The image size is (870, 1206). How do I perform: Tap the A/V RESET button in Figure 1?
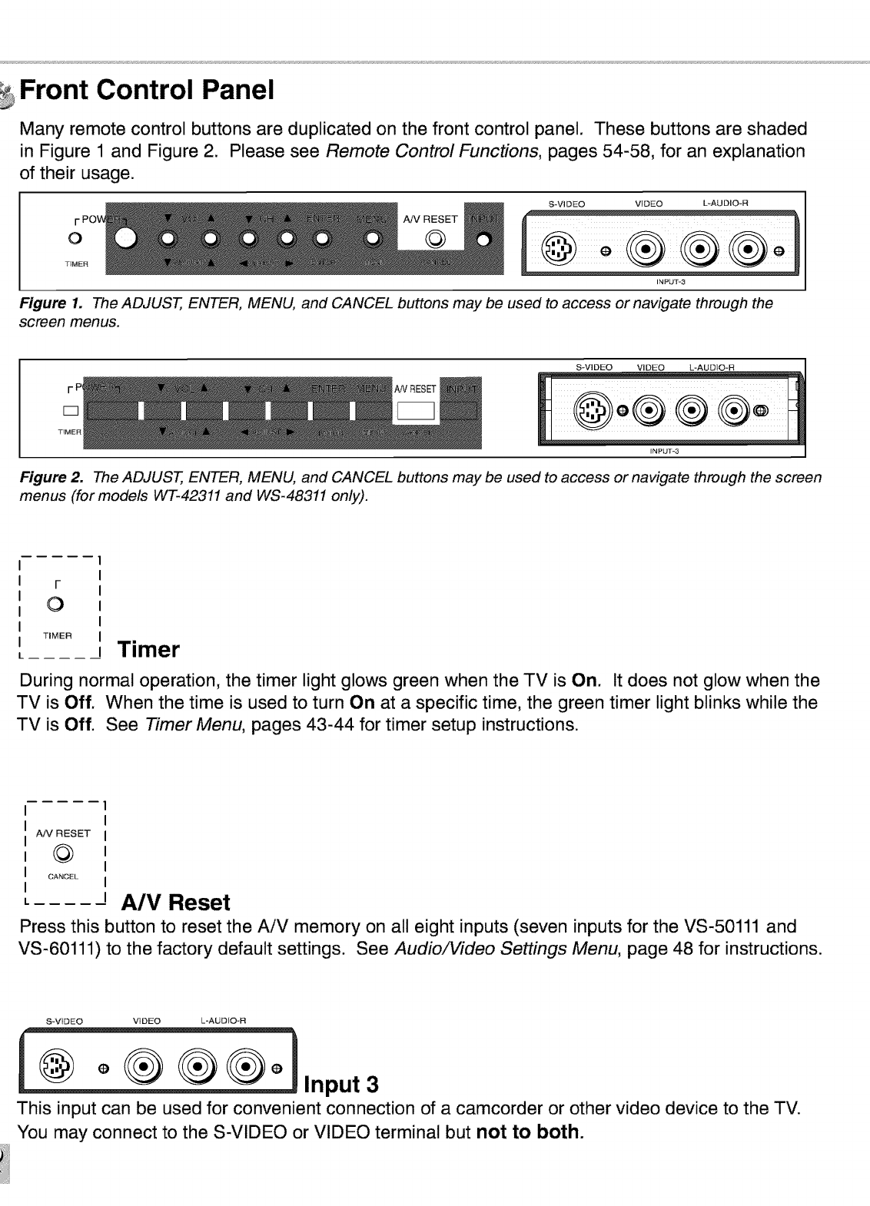point(435,239)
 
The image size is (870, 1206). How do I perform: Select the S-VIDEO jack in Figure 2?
point(595,411)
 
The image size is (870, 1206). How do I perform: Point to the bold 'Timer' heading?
point(148,650)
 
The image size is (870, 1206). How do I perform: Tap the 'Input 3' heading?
point(342,1085)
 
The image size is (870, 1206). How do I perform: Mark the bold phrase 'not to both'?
point(529,1132)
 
